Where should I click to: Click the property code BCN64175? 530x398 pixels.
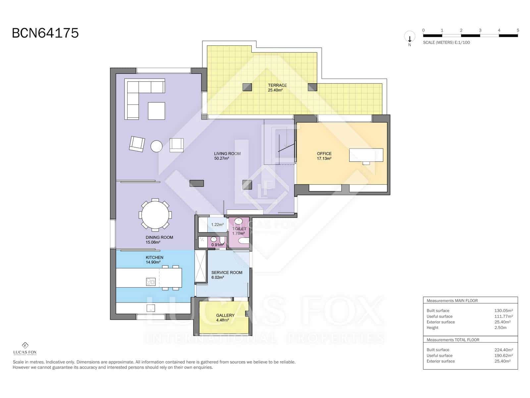pos(45,33)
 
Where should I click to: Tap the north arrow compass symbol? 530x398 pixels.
pos(409,37)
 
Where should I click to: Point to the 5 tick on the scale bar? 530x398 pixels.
pos(517,30)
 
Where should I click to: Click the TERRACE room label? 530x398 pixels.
pos(277,88)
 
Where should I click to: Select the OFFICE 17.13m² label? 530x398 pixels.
pos(324,156)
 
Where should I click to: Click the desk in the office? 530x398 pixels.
pos(366,155)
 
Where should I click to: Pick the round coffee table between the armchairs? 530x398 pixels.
pos(156,146)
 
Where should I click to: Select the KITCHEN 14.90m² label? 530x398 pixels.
pos(154,260)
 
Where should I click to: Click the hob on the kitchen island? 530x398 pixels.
pos(151,282)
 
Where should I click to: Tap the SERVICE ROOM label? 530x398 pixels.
pos(227,275)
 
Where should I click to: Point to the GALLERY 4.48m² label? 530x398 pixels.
pos(225,318)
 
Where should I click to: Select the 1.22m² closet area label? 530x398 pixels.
pos(217,225)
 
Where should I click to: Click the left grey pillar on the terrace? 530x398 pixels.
pos(247,87)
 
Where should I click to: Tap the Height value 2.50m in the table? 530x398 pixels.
pos(500,328)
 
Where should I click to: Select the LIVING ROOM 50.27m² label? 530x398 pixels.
pos(227,156)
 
